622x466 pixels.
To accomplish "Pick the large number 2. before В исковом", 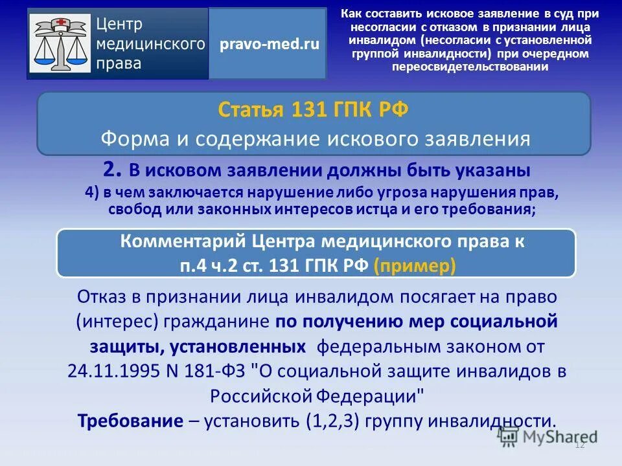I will point(112,170).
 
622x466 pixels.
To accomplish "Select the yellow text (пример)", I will point(415,266).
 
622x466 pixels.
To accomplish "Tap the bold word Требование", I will point(130,421).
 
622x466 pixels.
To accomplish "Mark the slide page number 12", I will point(580,444).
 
